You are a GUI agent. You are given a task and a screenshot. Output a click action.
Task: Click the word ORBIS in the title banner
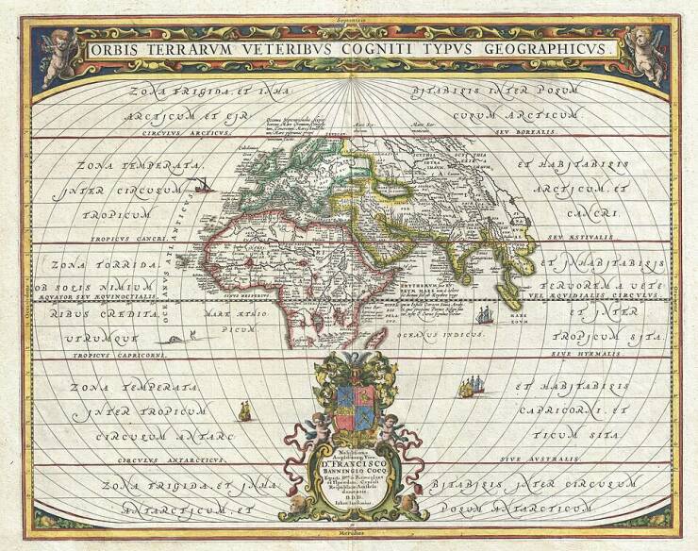tap(114, 48)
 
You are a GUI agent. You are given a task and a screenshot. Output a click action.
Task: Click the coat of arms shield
tap(350, 395)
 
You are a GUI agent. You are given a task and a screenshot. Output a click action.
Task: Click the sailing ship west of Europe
tap(201, 186)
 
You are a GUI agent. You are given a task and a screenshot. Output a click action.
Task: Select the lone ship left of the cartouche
tap(244, 409)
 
